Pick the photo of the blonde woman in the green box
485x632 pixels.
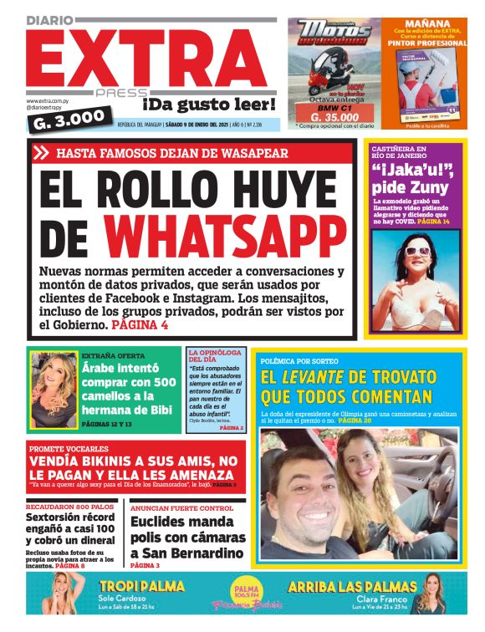[54, 389]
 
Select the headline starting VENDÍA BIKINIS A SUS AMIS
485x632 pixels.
[133, 466]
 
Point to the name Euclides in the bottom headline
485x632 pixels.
[162, 522]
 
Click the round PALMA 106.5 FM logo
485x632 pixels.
[243, 585]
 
